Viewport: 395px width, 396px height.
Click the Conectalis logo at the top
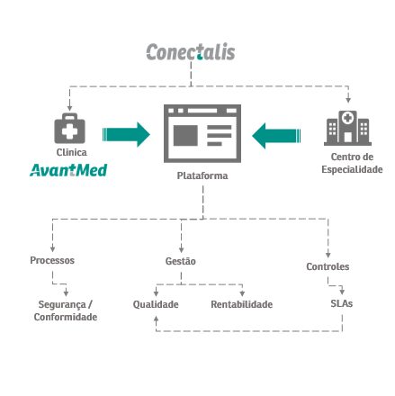click(x=191, y=52)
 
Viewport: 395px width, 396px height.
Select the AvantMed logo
click(x=68, y=170)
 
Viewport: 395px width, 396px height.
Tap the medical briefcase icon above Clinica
click(x=69, y=128)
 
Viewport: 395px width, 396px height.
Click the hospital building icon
click(x=347, y=128)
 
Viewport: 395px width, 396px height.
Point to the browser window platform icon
click(x=202, y=133)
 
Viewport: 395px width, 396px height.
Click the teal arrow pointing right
click(x=126, y=134)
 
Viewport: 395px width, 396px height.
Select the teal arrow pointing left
click(x=276, y=136)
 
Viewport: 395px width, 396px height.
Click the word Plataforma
click(x=202, y=175)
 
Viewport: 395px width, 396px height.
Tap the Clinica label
click(x=72, y=152)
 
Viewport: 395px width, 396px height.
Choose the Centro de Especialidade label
click(x=352, y=163)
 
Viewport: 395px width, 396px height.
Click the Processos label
click(x=52, y=260)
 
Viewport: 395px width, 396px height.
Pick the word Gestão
click(x=181, y=261)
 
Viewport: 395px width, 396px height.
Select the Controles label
click(x=328, y=266)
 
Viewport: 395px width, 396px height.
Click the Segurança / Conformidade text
click(x=66, y=310)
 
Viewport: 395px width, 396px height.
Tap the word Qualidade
click(x=156, y=304)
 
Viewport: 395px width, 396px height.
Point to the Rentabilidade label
click(x=242, y=304)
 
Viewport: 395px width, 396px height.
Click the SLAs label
click(x=342, y=303)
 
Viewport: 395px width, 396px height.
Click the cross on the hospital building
click(x=347, y=118)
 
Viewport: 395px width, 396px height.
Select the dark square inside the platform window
click(x=185, y=135)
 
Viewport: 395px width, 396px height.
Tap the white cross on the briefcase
click(x=69, y=131)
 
